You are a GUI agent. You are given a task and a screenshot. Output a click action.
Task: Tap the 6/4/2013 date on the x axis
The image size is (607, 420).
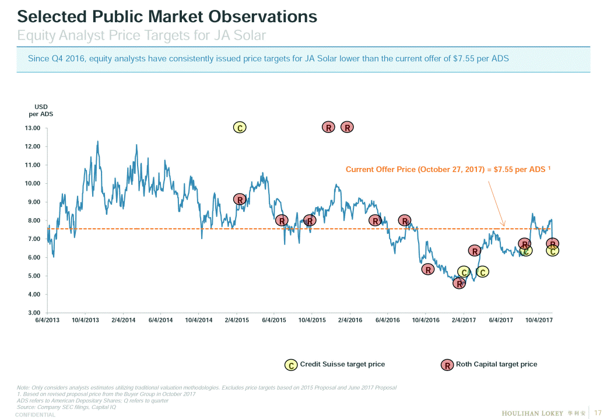[x=47, y=320]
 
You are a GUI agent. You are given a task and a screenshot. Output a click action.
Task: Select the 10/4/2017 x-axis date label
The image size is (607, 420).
[x=539, y=320]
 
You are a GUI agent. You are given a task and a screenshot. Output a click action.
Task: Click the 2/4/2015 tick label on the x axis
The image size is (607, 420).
[x=237, y=320]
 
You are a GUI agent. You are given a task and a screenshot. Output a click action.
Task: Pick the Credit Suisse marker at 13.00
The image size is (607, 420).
[x=239, y=127]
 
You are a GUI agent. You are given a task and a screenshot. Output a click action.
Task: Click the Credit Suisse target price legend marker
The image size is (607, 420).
[x=290, y=365]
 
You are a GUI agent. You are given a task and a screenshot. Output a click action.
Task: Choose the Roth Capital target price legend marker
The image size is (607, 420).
[x=447, y=365]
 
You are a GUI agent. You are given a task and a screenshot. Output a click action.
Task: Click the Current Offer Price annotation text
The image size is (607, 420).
[x=448, y=170]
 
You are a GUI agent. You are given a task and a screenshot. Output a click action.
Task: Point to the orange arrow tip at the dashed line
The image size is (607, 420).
[x=505, y=227]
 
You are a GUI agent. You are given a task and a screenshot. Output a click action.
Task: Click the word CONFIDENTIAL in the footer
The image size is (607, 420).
[x=36, y=415]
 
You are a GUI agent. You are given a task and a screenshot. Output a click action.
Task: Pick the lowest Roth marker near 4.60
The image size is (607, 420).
[x=459, y=283]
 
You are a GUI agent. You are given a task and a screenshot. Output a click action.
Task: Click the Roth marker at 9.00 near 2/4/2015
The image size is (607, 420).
[x=239, y=199]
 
